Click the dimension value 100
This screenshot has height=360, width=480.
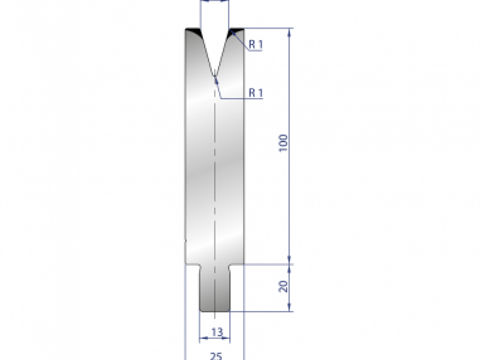(x=283, y=143)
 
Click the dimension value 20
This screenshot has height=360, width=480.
(x=283, y=286)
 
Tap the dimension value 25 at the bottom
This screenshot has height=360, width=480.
(x=216, y=356)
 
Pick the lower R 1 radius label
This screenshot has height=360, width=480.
(x=256, y=93)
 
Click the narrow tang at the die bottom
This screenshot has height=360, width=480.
(x=215, y=288)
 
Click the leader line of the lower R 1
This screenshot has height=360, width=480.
(x=219, y=90)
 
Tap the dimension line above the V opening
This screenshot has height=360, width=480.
(x=215, y=1)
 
